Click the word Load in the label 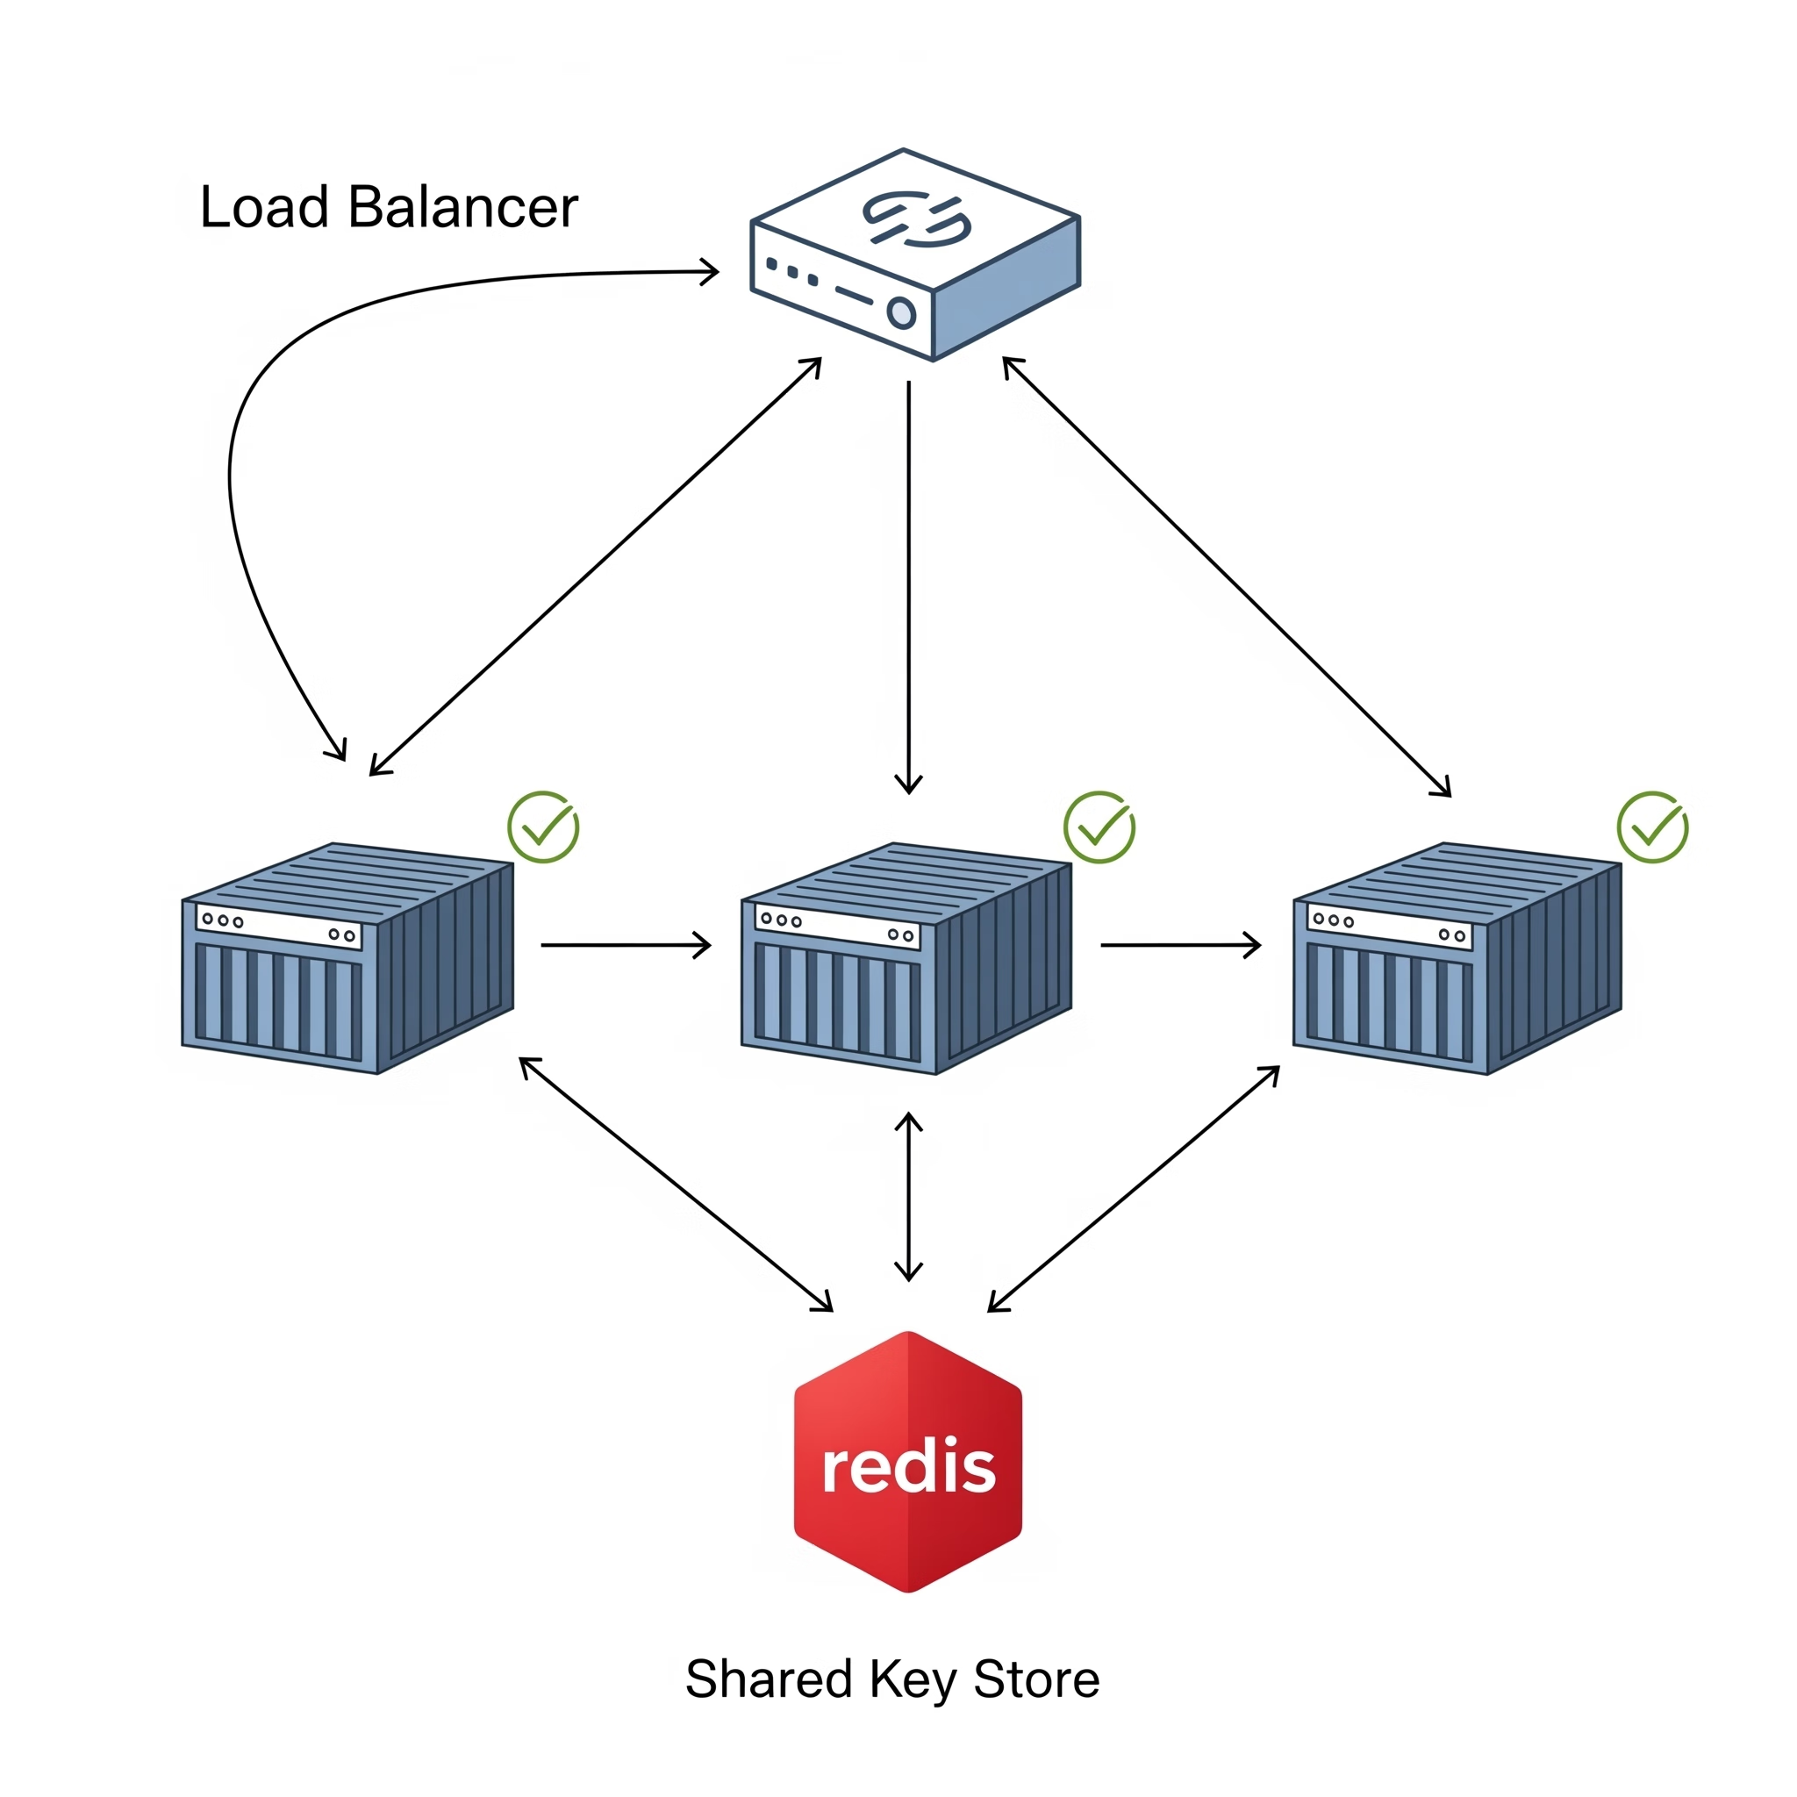[x=264, y=206]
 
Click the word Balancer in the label [x=462, y=206]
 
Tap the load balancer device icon [x=914, y=253]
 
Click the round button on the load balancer [x=900, y=312]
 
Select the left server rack [x=347, y=958]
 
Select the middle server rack [x=907, y=958]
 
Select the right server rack [x=1457, y=958]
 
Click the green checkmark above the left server [x=543, y=827]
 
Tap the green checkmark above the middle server [x=1099, y=827]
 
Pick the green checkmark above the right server [x=1653, y=827]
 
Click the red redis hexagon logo [x=908, y=1461]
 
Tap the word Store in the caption [x=1036, y=1679]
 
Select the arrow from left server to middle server [x=625, y=945]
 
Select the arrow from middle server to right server [x=1179, y=945]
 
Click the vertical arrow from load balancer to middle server [x=909, y=586]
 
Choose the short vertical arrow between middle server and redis [x=909, y=1196]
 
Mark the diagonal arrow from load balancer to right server [x=1226, y=576]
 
